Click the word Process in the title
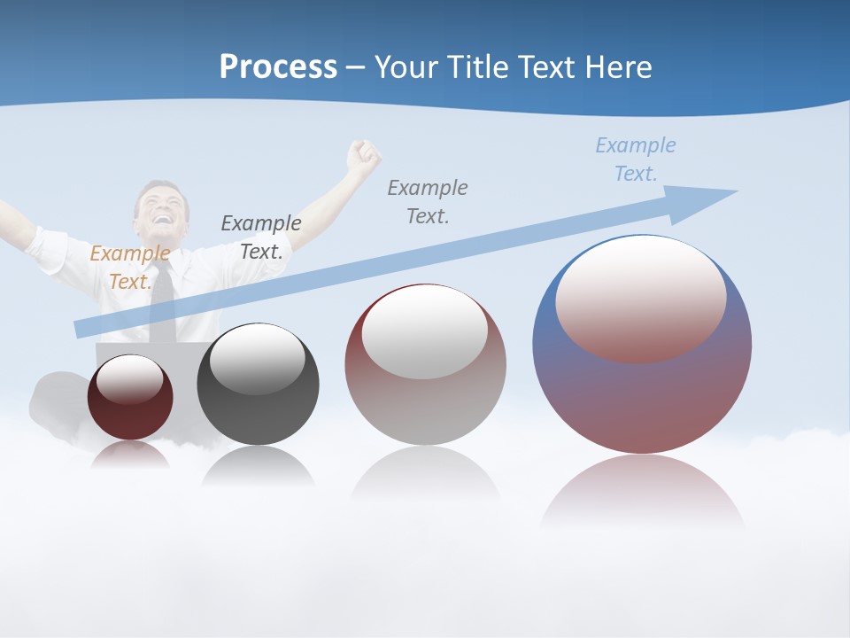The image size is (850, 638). point(278,67)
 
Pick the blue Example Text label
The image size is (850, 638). point(636,159)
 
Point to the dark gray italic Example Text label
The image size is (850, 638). point(260,237)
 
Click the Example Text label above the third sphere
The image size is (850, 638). point(428,201)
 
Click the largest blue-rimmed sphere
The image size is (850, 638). point(642,390)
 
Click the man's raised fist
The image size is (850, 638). point(362,156)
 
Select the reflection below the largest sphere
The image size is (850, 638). point(642,492)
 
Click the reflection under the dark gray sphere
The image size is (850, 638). point(258,466)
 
